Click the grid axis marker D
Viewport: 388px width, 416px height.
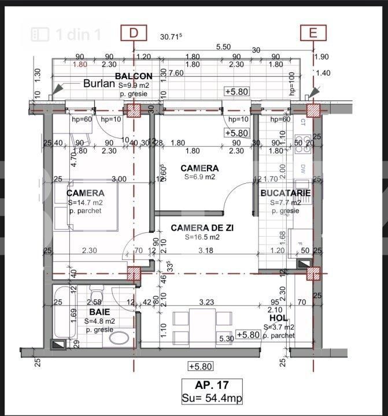[134, 34]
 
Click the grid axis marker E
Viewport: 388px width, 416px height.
[313, 34]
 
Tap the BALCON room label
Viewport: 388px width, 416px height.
[134, 76]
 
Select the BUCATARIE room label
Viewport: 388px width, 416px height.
[285, 193]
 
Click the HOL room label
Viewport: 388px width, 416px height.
[278, 318]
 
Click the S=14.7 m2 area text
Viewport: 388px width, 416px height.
[85, 202]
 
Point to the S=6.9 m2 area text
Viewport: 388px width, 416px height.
[199, 177]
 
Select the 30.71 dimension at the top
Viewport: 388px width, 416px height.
[171, 36]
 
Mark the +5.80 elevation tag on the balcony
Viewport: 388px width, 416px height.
[237, 92]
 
